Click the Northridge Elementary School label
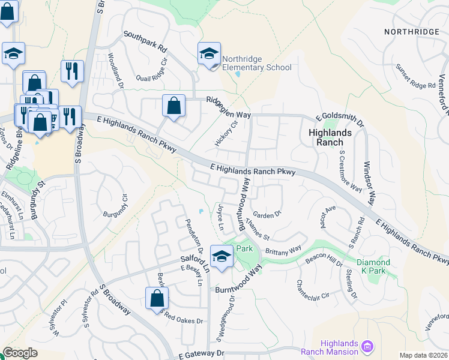click(256, 63)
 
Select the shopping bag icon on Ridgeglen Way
click(173, 106)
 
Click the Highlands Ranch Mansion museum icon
click(368, 346)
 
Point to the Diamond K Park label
click(373, 267)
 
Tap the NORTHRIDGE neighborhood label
click(412, 31)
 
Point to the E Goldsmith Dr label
click(340, 119)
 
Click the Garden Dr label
click(267, 214)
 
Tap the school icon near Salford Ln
click(221, 257)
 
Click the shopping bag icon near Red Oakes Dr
click(156, 298)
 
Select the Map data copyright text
click(423, 355)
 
